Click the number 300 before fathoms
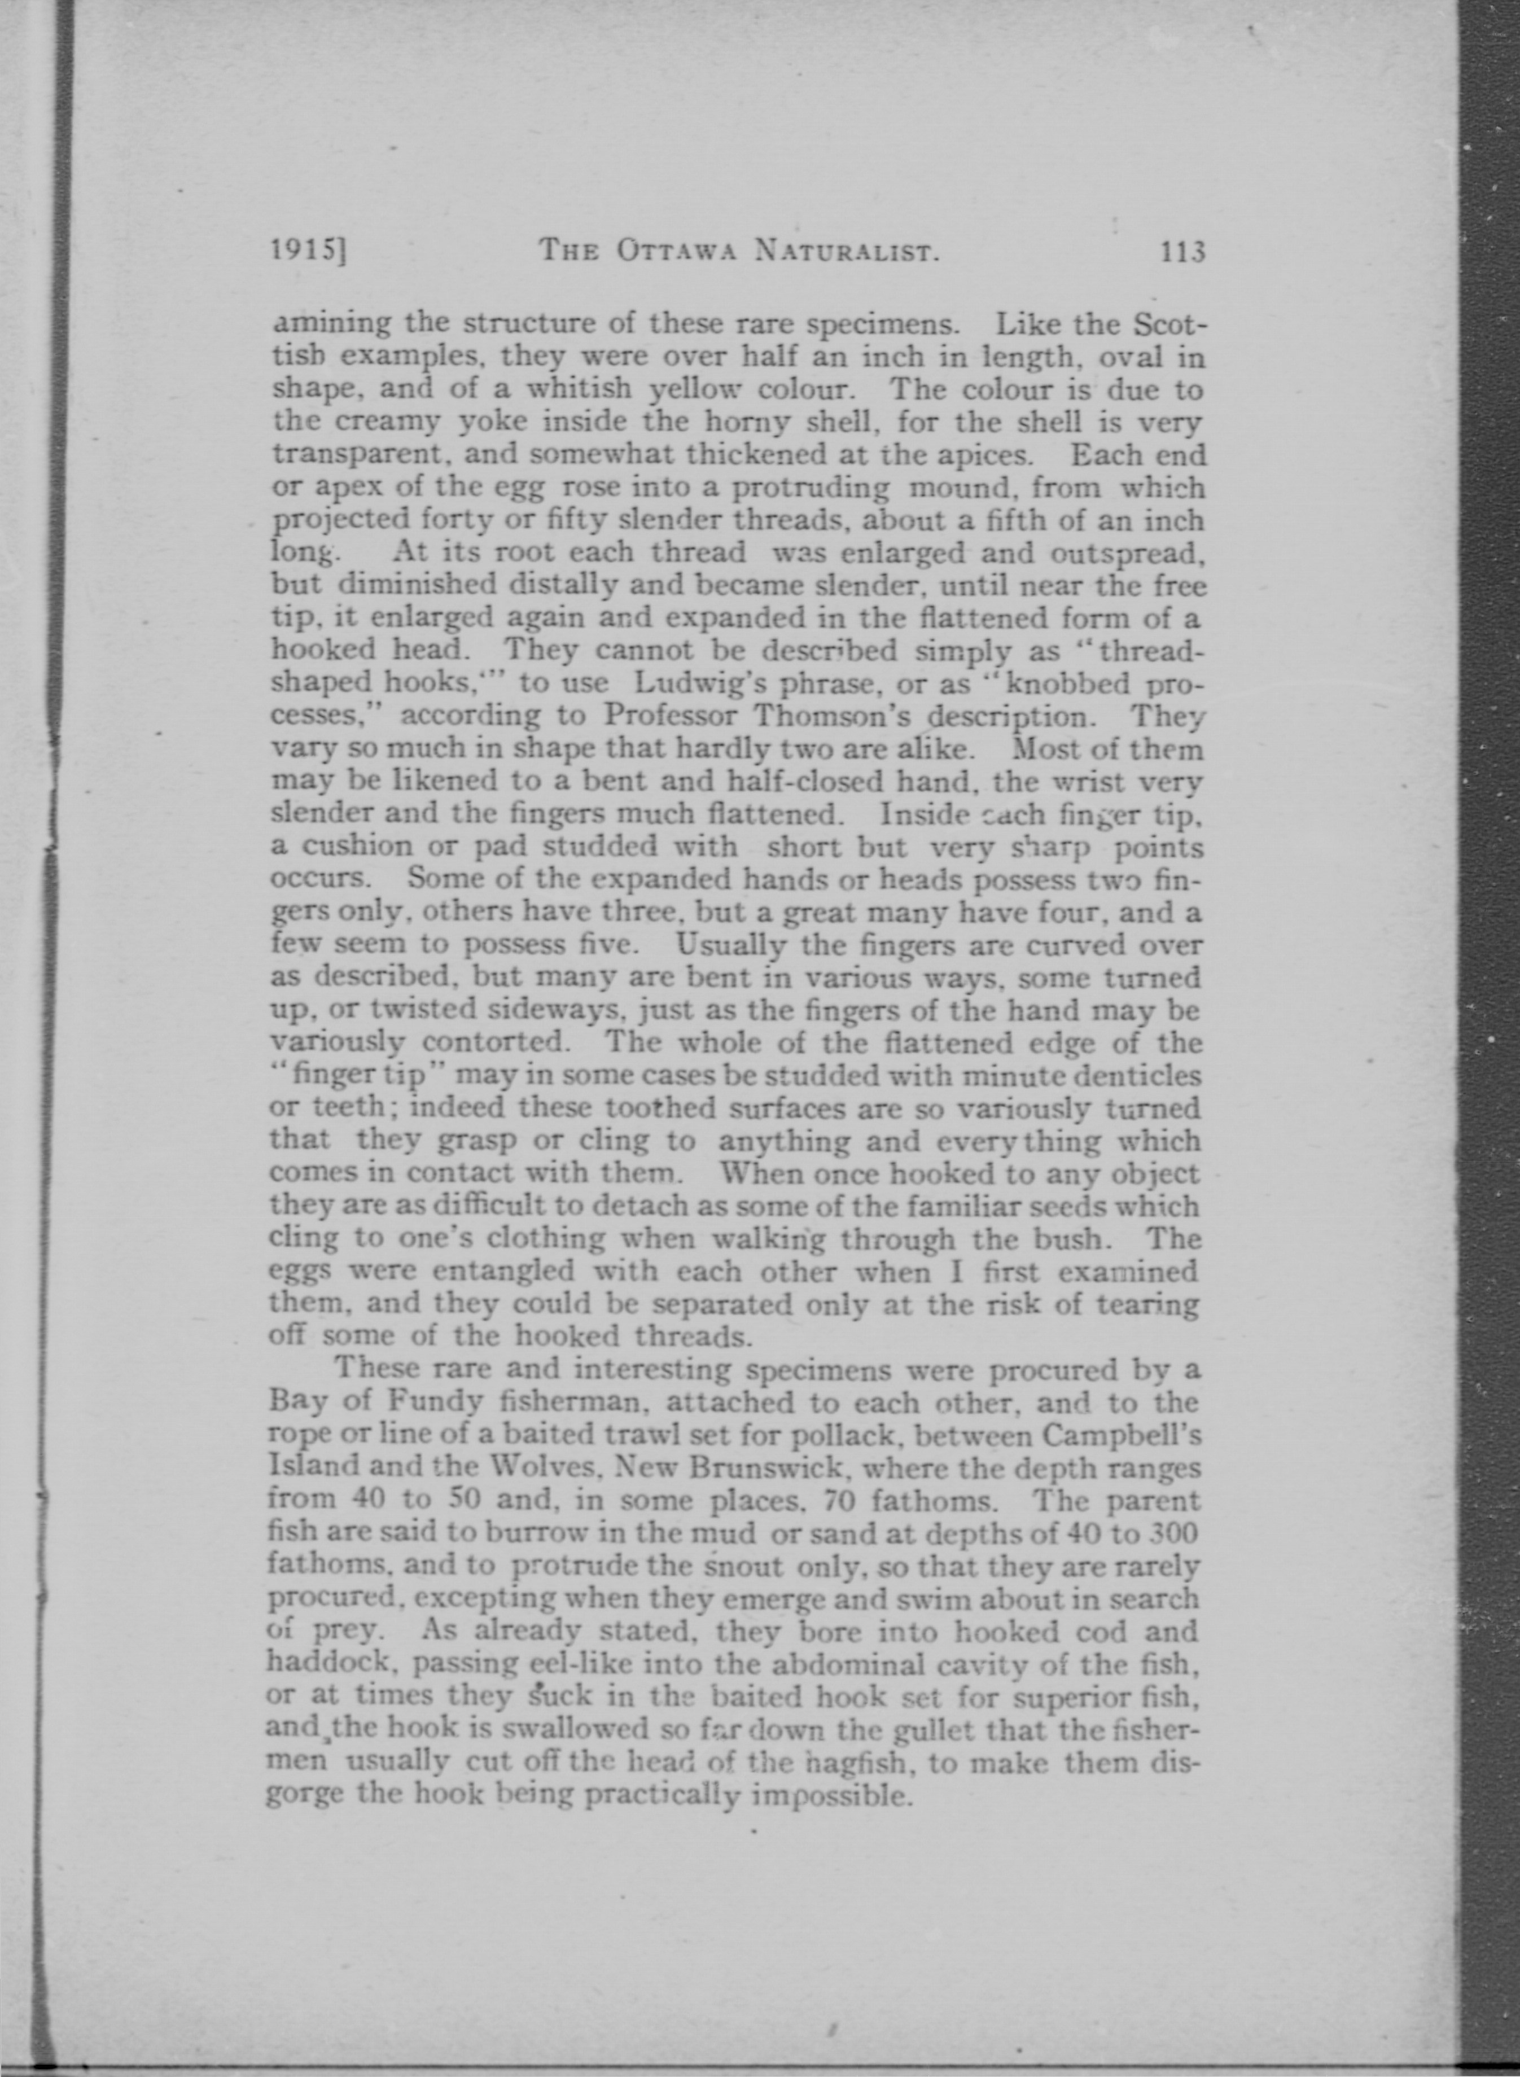pyautogui.click(x=1176, y=1533)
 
